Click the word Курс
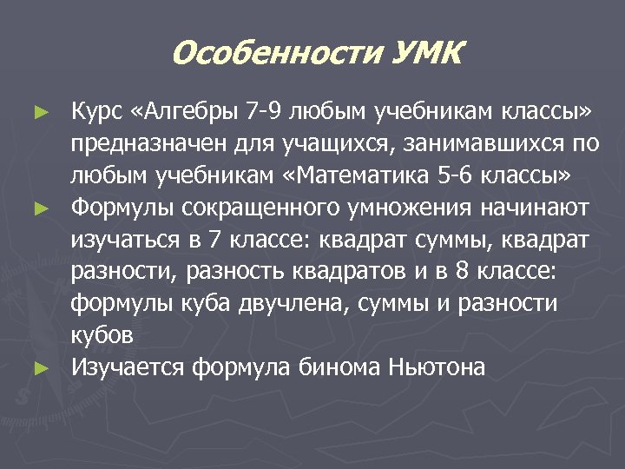(96, 112)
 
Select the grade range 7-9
(266, 112)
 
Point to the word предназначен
(144, 143)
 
